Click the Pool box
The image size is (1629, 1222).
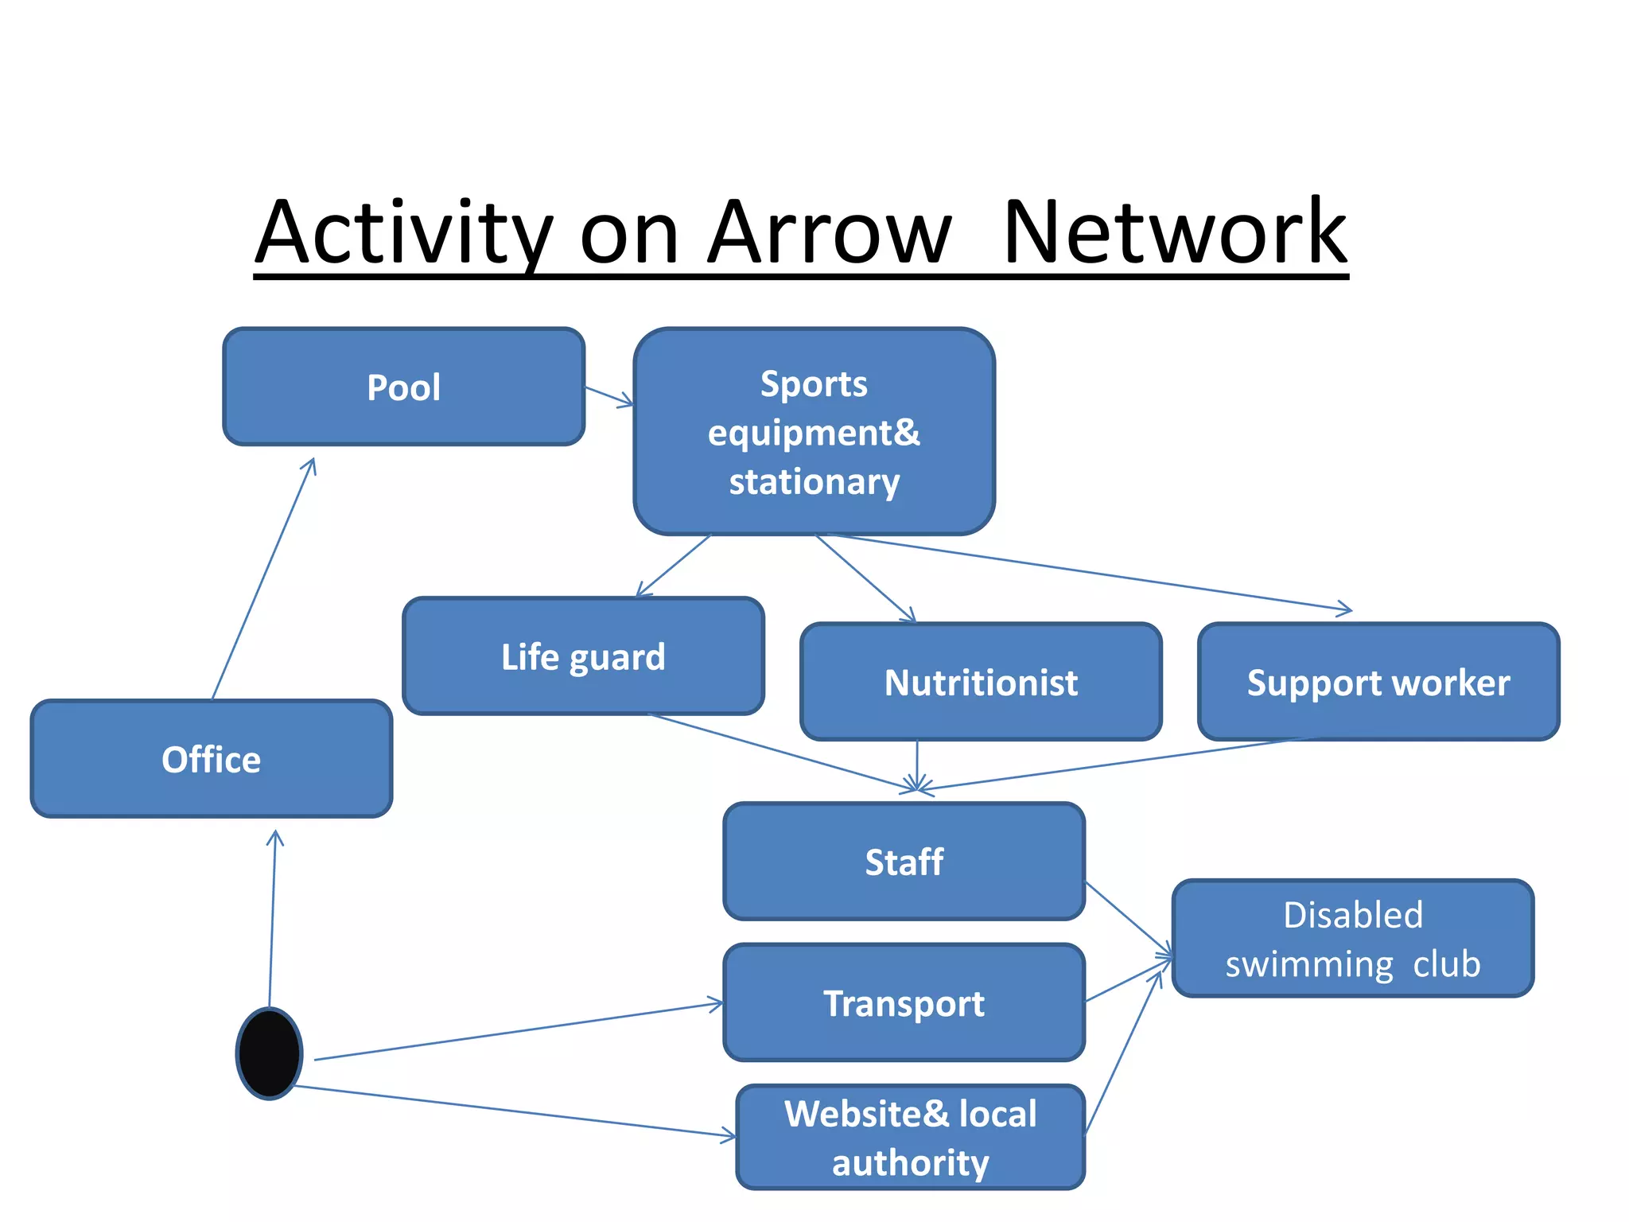pos(403,387)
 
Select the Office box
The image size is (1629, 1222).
pos(211,759)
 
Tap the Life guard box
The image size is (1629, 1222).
pos(583,656)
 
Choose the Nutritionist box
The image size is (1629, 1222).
pos(981,683)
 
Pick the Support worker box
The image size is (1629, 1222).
pos(1378,683)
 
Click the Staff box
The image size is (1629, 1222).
pos(904,862)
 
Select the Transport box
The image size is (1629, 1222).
pos(904,1003)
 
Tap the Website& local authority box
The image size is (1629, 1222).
pos(911,1138)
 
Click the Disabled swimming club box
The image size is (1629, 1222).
pos(1352,939)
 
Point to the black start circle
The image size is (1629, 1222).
pos(270,1053)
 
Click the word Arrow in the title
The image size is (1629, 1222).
pos(829,233)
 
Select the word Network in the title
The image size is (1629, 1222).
pos(1175,233)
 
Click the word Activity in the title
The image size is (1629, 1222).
pos(404,233)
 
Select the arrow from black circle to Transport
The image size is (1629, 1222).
pos(517,1032)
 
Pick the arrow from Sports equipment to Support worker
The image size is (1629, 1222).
pos(1090,573)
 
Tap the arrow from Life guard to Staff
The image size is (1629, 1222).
pos(783,753)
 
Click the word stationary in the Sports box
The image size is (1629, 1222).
pos(814,482)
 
